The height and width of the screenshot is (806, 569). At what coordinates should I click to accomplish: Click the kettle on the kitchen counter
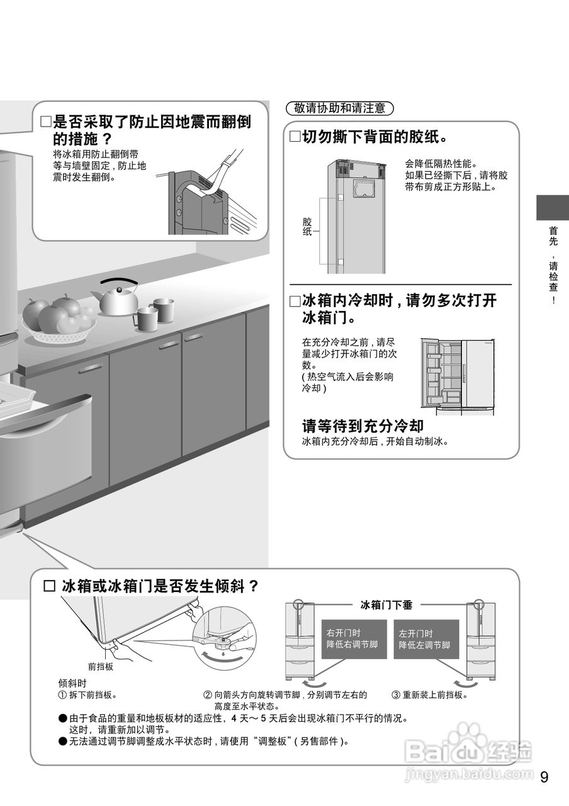point(117,300)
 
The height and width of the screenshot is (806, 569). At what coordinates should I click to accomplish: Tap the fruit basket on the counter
point(58,321)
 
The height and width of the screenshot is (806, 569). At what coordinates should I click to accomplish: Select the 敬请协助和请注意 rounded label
point(339,108)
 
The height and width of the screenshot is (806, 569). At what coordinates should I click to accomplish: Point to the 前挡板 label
point(100,666)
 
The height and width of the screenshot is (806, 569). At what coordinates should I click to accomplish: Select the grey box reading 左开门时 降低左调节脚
point(424,639)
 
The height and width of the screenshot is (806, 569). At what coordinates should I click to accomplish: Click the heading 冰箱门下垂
point(386,605)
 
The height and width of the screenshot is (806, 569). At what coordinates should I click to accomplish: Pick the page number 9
point(544,776)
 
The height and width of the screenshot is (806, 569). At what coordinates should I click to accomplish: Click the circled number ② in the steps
point(207,695)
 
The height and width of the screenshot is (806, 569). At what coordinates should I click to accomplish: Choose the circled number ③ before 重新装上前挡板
point(396,695)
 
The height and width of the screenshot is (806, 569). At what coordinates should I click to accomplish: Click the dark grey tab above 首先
point(552,207)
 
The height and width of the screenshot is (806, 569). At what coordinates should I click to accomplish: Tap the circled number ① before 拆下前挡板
point(62,695)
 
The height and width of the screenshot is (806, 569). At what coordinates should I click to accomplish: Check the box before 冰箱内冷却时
point(295,301)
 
